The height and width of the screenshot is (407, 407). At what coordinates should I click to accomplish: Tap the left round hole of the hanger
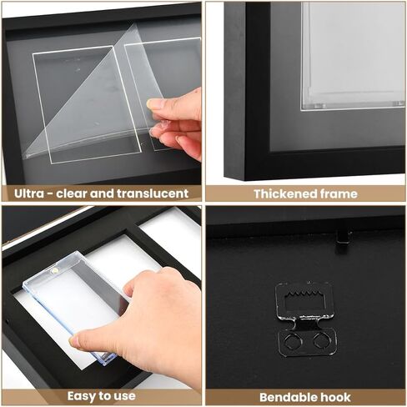pos(291,340)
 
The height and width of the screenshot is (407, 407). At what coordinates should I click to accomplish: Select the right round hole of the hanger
pos(321,339)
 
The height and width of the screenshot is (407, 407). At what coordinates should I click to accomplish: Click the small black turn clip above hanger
pos(343,237)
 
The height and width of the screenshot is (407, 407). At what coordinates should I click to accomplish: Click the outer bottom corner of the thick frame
pos(245,180)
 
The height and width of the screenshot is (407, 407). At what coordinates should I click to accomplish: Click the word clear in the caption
pos(72,193)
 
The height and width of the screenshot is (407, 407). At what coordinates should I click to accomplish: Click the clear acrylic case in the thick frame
pos(353,56)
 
